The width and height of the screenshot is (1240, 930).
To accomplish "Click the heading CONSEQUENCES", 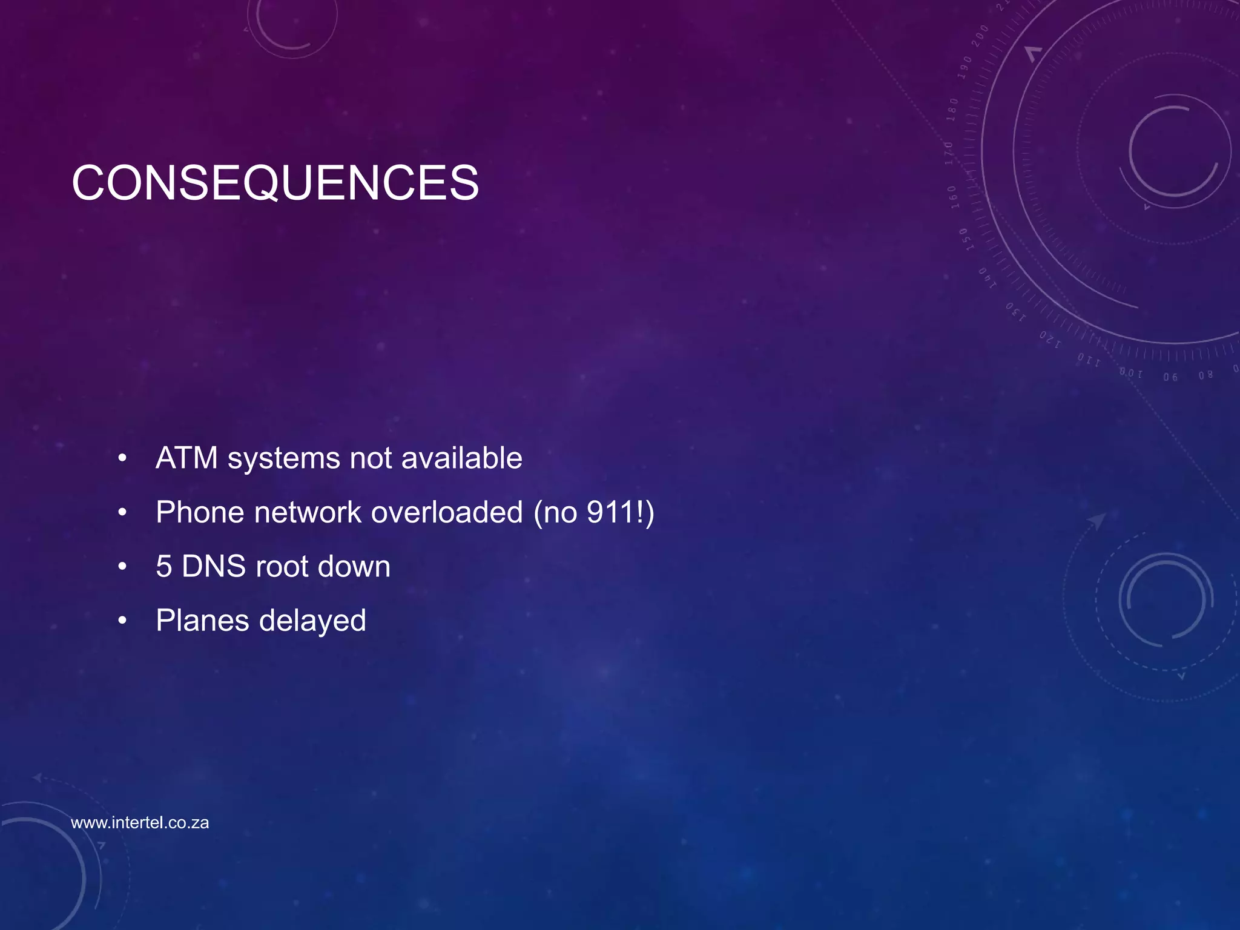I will [x=275, y=183].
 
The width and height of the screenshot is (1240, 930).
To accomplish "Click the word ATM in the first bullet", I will [x=186, y=458].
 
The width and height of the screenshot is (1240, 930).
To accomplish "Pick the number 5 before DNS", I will [x=163, y=567].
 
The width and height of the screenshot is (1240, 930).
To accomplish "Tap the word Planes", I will [x=202, y=621].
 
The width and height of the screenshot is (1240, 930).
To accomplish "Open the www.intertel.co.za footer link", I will [x=140, y=823].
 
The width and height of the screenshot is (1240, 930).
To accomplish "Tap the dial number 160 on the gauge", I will [x=953, y=197].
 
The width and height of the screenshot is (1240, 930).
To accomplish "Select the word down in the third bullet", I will [x=354, y=567].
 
